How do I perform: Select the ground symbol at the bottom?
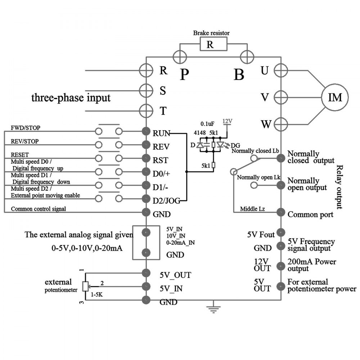(x=212, y=307)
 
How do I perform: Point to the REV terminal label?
(x=161, y=147)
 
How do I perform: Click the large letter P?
(x=184, y=74)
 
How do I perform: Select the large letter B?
(x=239, y=75)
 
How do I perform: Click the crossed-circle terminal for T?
(x=146, y=110)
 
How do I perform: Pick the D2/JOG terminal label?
(x=165, y=199)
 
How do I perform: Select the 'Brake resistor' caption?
(x=211, y=33)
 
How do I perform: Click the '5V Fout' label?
(x=261, y=235)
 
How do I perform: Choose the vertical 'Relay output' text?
(x=340, y=187)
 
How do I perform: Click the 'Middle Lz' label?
(x=253, y=208)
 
